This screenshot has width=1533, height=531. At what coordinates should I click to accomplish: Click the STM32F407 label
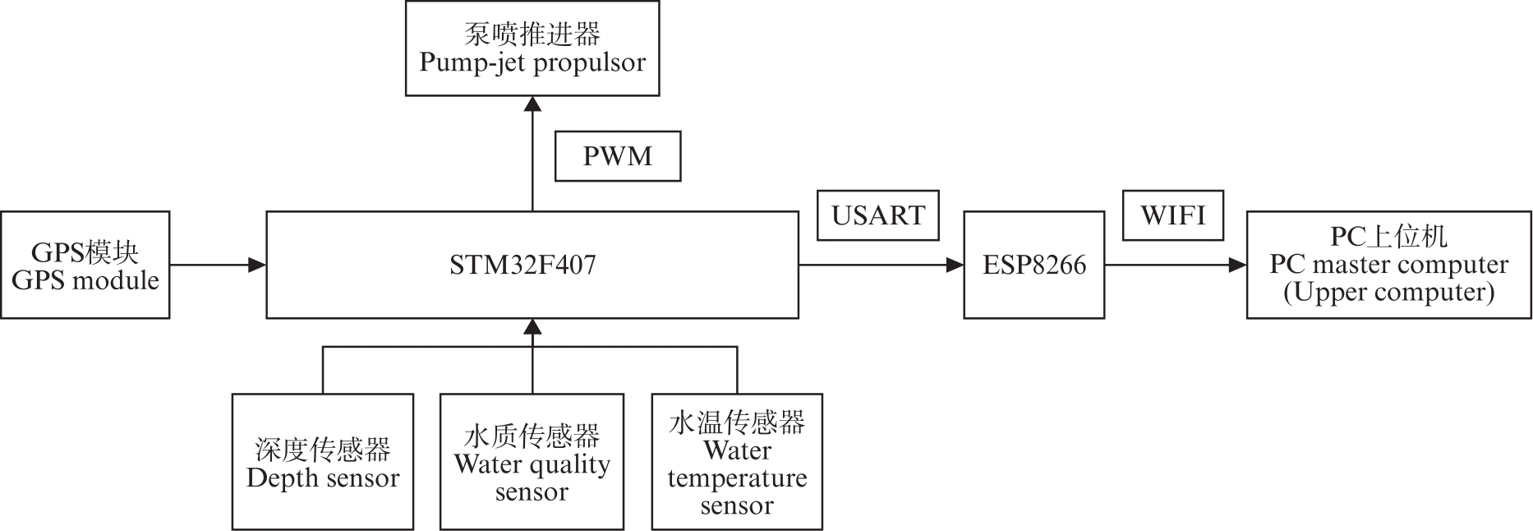(523, 265)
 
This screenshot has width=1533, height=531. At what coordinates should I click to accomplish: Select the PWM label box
(618, 156)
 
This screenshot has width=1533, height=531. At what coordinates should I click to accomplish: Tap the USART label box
(878, 215)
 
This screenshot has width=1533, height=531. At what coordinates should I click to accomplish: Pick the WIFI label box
(1172, 215)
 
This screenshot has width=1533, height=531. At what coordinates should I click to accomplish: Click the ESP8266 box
(1034, 265)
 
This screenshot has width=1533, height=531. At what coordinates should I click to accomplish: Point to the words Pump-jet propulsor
(532, 62)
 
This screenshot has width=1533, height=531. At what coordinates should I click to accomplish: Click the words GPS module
(85, 280)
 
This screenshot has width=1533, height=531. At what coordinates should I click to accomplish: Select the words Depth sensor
(323, 478)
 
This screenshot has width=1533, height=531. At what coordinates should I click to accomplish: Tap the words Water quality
(532, 464)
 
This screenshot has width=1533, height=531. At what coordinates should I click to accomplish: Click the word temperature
(737, 478)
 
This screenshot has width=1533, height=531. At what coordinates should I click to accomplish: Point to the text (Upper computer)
(1388, 293)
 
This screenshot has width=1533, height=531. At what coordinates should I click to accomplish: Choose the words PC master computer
(1388, 265)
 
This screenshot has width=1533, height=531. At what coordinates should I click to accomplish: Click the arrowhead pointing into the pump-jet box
(533, 104)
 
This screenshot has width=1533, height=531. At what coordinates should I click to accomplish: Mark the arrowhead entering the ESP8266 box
(955, 265)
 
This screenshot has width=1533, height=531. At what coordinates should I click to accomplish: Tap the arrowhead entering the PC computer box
(1237, 265)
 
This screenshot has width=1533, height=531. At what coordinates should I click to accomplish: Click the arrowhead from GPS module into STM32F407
(258, 265)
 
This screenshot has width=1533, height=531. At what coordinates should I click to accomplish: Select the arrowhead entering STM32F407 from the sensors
(533, 326)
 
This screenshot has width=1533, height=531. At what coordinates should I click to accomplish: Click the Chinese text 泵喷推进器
(532, 35)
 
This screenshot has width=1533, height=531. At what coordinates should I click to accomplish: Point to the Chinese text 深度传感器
(323, 450)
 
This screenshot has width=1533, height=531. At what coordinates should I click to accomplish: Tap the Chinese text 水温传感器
(737, 422)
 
